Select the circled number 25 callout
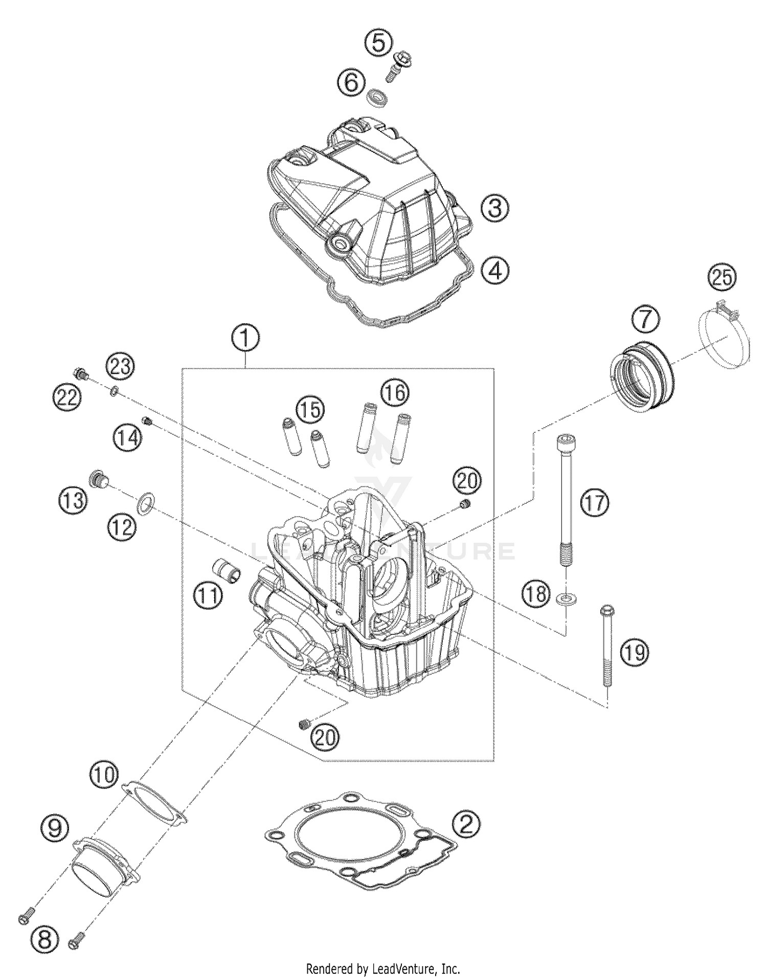(721, 278)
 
